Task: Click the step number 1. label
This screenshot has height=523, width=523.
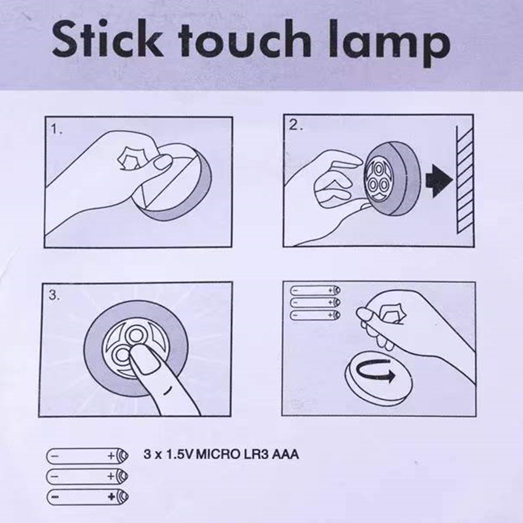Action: click(x=57, y=129)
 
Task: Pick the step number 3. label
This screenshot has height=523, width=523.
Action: click(x=56, y=295)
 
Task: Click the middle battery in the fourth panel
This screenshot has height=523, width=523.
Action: click(x=315, y=302)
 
